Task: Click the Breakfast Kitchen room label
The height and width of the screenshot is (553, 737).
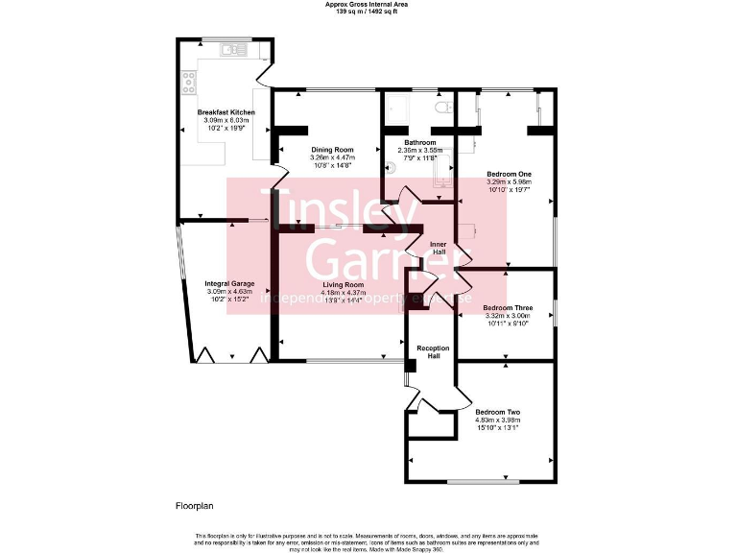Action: click(226, 112)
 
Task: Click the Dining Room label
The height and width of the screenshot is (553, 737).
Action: click(332, 150)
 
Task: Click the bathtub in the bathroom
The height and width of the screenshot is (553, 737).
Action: click(443, 177)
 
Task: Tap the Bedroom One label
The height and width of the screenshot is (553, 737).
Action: click(510, 174)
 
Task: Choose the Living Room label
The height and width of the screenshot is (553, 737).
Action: click(343, 285)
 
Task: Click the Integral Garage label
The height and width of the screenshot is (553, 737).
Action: click(229, 283)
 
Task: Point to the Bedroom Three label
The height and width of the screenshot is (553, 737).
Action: click(509, 308)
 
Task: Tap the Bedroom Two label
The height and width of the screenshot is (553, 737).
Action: click(497, 412)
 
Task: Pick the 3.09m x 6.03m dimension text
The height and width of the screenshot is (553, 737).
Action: click(226, 120)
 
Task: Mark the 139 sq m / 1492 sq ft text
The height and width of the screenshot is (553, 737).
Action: click(368, 11)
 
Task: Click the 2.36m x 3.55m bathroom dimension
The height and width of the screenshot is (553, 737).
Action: click(420, 150)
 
